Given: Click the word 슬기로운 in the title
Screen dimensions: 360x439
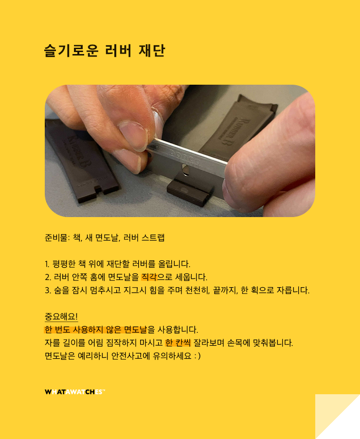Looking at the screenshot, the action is click(72, 51).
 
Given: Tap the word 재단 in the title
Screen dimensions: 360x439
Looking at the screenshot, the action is click(152, 51).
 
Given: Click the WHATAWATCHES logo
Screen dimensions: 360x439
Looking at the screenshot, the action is click(75, 392).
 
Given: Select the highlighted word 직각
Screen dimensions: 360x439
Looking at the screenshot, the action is click(149, 277).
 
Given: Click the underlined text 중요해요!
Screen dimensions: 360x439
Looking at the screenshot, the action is click(61, 317).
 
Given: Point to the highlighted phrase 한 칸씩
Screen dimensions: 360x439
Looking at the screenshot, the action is click(178, 343).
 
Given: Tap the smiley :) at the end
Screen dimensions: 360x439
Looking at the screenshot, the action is click(198, 356).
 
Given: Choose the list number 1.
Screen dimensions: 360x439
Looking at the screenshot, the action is click(47, 264).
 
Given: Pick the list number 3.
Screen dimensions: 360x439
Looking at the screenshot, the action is click(48, 290).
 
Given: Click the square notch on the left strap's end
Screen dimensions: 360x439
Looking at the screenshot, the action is click(98, 189).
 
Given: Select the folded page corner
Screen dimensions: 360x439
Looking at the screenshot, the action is click(337, 417).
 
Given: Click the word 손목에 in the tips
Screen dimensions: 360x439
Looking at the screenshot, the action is click(238, 343).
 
